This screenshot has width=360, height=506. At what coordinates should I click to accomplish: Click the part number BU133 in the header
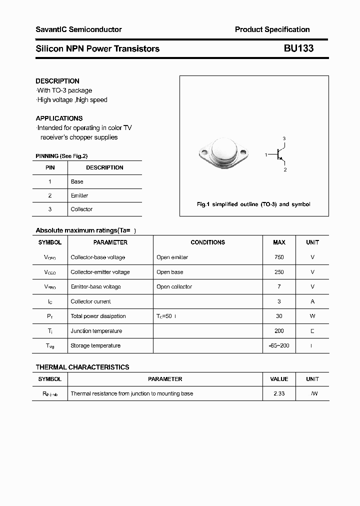299,48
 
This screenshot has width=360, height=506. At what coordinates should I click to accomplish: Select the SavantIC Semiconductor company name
78,29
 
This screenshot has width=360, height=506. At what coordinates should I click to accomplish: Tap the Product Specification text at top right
272,29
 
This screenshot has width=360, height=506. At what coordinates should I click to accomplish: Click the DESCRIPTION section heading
57,81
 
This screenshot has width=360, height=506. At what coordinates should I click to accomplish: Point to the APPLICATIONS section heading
59,118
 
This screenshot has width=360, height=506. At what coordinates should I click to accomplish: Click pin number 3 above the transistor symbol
284,138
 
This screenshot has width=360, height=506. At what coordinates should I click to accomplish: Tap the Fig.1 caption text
253,204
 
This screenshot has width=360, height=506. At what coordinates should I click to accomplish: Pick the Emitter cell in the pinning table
79,195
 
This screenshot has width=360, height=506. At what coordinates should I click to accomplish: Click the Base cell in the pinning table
77,181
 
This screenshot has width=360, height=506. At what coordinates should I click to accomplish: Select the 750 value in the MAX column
279,257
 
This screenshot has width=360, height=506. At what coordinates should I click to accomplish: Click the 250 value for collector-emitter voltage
279,272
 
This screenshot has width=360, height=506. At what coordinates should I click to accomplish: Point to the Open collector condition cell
174,286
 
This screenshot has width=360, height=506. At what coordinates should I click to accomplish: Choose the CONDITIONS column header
207,242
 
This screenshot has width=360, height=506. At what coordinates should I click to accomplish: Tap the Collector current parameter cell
90,301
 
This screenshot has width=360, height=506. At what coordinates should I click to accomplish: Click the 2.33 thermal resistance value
279,393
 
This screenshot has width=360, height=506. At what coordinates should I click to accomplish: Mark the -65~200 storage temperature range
279,345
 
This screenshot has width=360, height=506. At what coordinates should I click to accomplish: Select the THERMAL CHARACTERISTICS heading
82,367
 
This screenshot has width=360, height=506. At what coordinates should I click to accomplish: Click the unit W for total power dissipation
312,316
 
